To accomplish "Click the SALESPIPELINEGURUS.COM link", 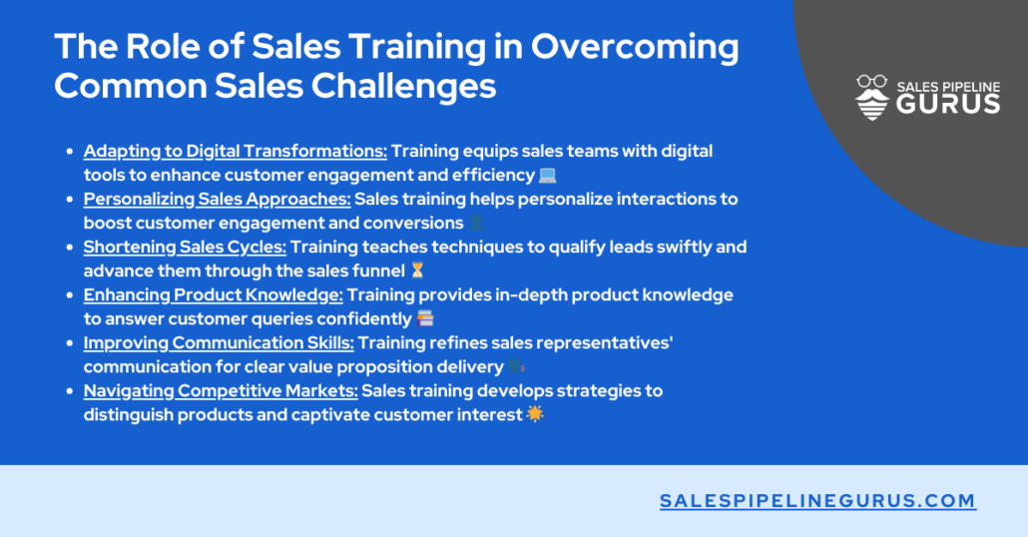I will [x=817, y=501].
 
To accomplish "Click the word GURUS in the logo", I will [x=947, y=105].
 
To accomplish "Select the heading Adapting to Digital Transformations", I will [x=235, y=152].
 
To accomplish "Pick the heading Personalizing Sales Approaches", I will [x=217, y=200].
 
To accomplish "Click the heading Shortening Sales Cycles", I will [x=185, y=248].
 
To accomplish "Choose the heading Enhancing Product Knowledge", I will [x=213, y=295].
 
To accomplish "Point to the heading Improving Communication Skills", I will [x=219, y=343].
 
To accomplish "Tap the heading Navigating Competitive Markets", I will [x=220, y=391].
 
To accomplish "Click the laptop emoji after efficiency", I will [x=547, y=176].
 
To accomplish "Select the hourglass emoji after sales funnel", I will [x=418, y=271].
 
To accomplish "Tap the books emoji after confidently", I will [x=425, y=319].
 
